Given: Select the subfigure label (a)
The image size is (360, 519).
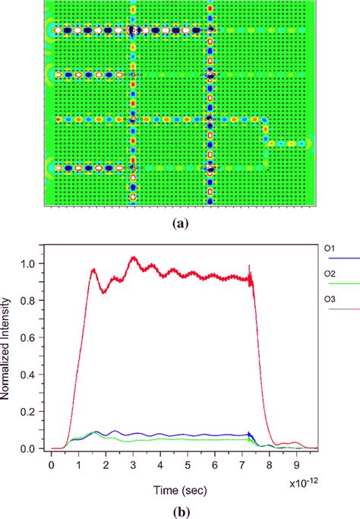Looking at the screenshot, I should coord(178,223).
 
